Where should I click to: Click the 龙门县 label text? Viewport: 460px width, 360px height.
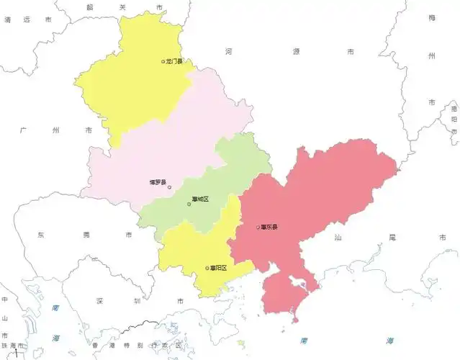pos(175,62)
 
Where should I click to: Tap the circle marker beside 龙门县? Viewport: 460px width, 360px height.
pos(163,62)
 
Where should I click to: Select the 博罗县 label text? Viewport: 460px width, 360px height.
pos(158,182)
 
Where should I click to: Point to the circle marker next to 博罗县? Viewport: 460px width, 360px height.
pos(170,188)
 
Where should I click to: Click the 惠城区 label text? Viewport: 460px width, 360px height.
pos(200,199)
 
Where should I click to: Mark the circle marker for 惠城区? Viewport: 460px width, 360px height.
pos(189,204)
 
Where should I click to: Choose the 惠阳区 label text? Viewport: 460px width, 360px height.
pos(218,268)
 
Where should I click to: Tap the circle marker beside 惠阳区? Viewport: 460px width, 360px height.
pos(207,268)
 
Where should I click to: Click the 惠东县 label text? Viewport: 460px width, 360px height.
pos(270,228)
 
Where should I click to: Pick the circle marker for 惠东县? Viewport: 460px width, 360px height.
pos(258,228)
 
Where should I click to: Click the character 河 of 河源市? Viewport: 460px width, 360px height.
pos(228,52)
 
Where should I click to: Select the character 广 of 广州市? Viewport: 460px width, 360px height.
pos(24,130)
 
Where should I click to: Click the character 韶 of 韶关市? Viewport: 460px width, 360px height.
pos(89,7)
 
